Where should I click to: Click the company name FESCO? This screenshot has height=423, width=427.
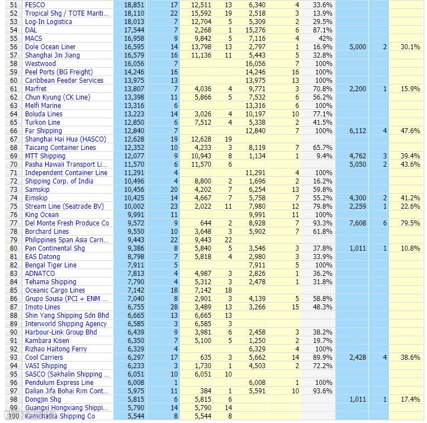(x=35, y=5)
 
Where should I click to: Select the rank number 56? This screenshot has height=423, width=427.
(x=14, y=47)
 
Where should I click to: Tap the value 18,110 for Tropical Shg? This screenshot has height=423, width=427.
(x=134, y=13)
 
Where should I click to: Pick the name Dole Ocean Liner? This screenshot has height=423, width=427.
(x=50, y=47)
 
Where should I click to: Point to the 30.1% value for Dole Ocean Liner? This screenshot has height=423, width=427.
(x=410, y=47)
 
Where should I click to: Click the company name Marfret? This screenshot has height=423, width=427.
(x=36, y=89)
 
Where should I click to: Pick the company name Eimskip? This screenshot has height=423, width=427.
(x=36, y=198)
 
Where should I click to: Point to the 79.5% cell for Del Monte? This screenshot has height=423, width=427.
(x=410, y=223)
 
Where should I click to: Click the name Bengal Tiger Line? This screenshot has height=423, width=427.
(x=51, y=265)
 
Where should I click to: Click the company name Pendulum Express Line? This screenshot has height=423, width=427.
(x=59, y=383)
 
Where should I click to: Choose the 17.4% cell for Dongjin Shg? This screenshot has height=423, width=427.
(x=410, y=399)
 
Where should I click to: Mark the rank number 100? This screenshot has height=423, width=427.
(x=12, y=416)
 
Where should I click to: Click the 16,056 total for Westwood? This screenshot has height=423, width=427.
(x=134, y=64)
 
